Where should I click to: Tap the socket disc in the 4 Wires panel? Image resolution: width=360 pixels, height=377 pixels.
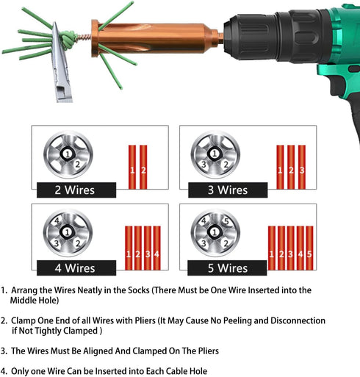[68, 233]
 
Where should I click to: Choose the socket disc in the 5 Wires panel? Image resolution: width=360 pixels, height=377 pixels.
[215, 233]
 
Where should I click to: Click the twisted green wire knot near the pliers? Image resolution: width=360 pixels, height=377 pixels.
[67, 36]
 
